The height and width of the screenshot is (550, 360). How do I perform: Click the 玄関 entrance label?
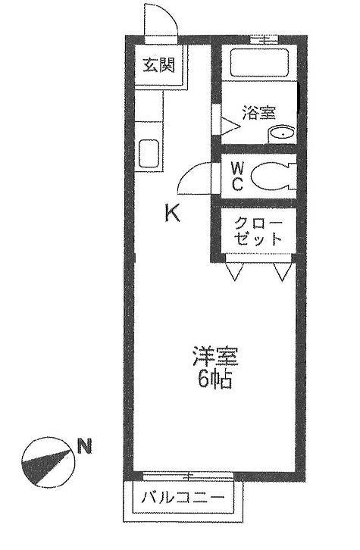(158, 64)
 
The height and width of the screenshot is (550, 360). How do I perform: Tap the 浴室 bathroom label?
(258, 114)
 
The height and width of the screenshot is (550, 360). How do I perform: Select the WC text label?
(236, 177)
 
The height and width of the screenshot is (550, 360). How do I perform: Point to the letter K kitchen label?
(173, 214)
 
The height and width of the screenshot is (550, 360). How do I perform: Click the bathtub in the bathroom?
(257, 64)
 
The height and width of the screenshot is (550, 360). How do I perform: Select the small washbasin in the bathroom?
(280, 135)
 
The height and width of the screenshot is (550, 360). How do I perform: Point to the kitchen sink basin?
(149, 155)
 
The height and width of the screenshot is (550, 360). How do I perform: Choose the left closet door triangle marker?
(233, 270)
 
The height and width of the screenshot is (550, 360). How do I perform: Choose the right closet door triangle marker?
(283, 270)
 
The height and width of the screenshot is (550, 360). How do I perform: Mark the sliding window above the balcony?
(180, 476)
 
